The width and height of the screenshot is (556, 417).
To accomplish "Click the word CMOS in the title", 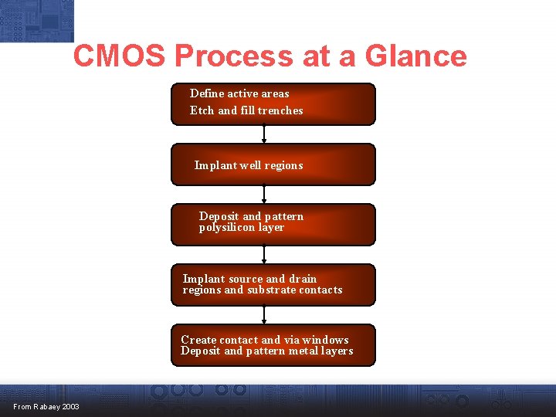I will tap(120, 56).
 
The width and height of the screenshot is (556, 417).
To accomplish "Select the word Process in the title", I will tap(234, 56).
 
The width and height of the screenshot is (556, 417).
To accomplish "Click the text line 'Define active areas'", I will tap(239, 93).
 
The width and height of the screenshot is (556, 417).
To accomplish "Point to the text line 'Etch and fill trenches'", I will tap(246, 110).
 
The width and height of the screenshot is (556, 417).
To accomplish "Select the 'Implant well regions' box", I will tap(273, 164).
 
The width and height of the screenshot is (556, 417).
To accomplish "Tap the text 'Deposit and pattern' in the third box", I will tap(251, 216).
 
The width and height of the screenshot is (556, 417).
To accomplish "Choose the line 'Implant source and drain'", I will tap(249, 279).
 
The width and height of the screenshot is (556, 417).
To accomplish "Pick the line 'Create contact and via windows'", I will tap(264, 340).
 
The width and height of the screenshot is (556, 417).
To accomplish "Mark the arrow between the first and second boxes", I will tap(264, 134).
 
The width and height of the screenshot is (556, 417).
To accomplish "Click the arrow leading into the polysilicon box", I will tap(264, 195).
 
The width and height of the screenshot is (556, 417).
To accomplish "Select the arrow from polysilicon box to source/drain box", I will tap(264, 255).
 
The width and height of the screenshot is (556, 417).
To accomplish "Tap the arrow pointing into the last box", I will tap(264, 315).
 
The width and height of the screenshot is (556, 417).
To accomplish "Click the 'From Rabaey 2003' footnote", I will tap(46, 407).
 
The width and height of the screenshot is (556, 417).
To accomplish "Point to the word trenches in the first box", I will tap(280, 110).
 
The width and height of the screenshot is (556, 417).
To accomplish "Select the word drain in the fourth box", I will tap(302, 279).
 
